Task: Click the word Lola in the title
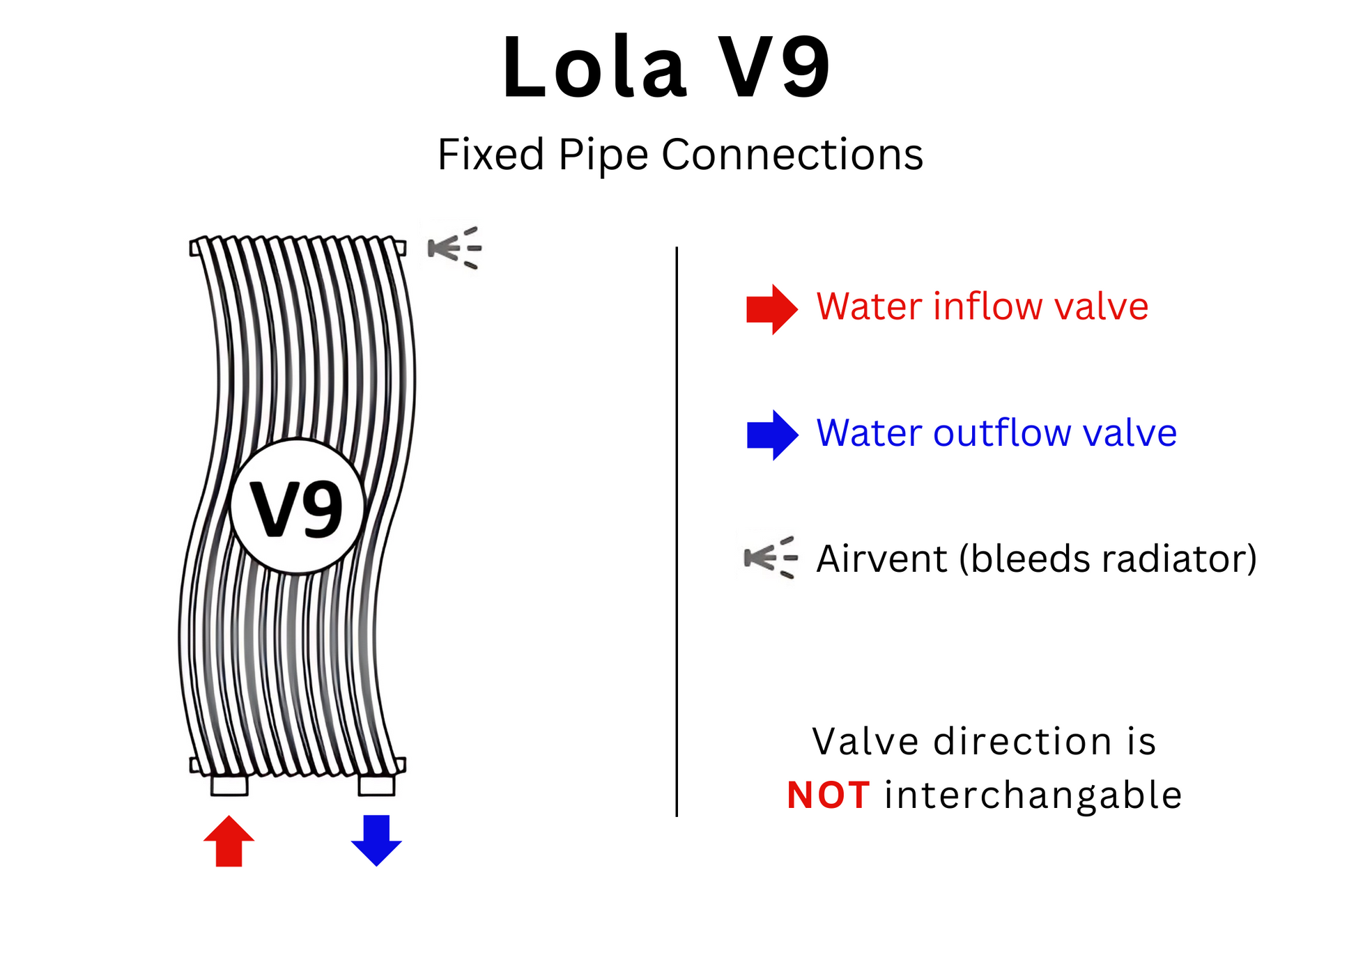click(594, 68)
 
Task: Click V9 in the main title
click(773, 68)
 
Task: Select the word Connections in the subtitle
click(792, 154)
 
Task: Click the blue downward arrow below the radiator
click(376, 840)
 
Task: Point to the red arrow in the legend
click(771, 309)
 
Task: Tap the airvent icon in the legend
click(770, 557)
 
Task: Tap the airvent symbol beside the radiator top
click(454, 247)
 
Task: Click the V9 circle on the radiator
click(298, 506)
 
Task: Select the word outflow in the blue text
click(1002, 433)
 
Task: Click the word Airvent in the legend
click(881, 559)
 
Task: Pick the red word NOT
click(828, 795)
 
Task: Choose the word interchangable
click(1033, 795)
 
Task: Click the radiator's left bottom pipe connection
click(229, 786)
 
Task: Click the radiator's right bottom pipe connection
click(376, 786)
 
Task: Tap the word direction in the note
click(1022, 741)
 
